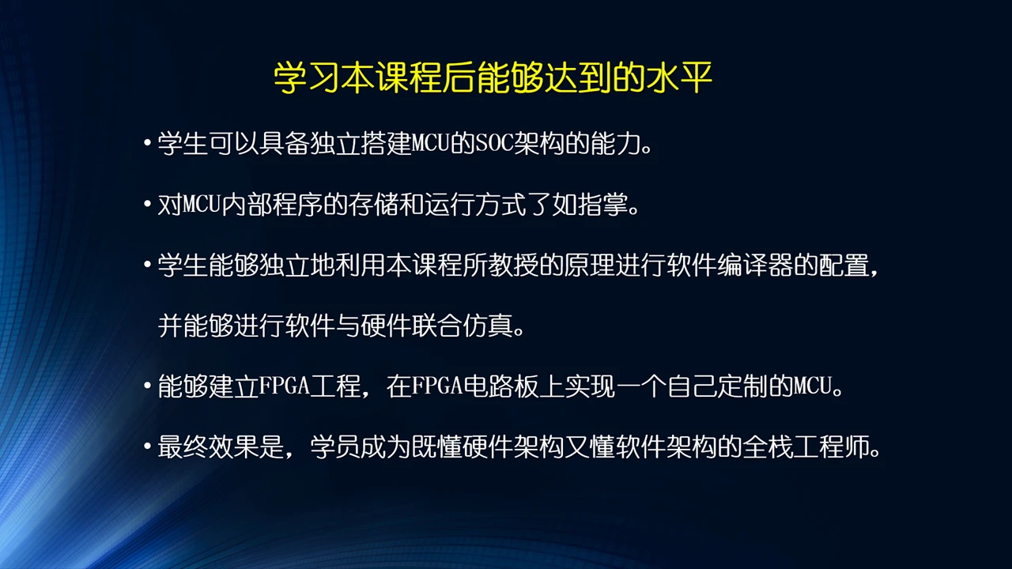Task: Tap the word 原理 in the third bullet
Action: (589, 266)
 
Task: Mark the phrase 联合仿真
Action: (462, 326)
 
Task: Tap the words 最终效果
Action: (209, 448)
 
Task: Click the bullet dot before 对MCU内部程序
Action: (147, 206)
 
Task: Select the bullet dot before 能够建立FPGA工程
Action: (147, 388)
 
